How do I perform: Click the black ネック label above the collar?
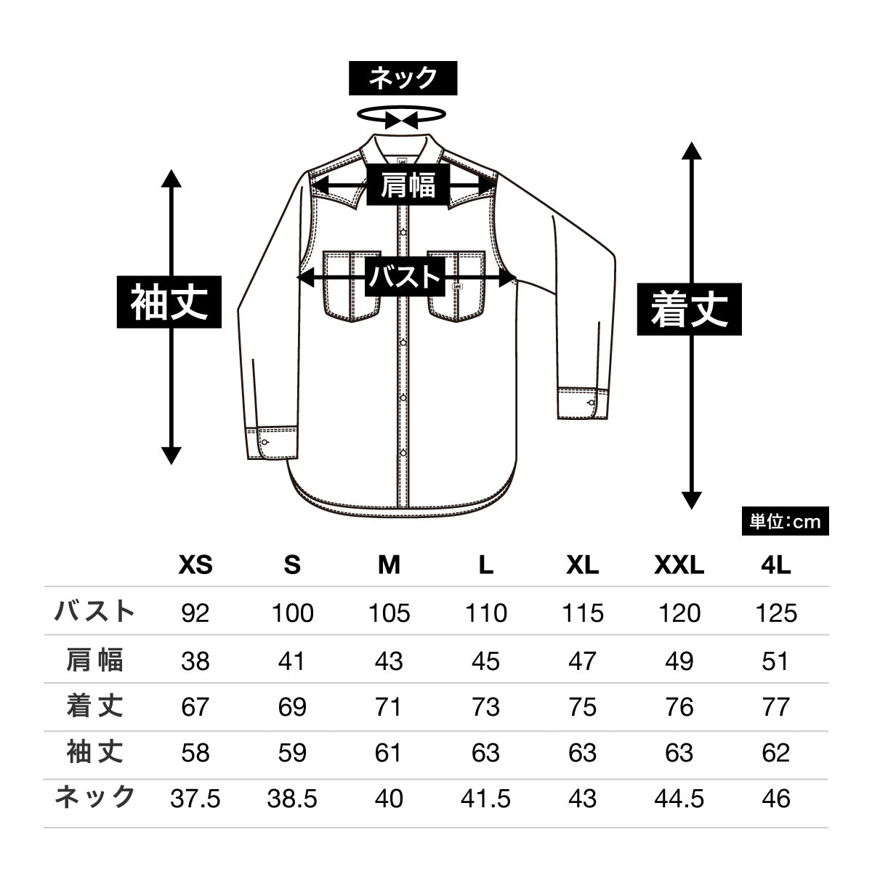click(403, 78)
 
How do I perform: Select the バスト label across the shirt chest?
click(405, 277)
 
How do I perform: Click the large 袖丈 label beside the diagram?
click(170, 302)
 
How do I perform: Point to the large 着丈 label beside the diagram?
click(689, 309)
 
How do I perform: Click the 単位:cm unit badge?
click(785, 522)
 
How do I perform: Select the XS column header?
click(195, 565)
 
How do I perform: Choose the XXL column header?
click(679, 565)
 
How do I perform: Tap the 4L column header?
click(776, 565)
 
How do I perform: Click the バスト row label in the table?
click(95, 611)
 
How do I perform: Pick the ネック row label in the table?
click(95, 797)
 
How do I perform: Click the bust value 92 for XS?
click(195, 613)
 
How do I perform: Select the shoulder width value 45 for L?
click(485, 661)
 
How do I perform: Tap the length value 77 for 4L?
click(776, 706)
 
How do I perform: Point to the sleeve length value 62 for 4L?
click(776, 752)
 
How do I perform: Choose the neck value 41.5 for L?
click(485, 799)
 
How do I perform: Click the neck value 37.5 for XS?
click(195, 799)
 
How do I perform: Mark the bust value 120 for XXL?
click(679, 613)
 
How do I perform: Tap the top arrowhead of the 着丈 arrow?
click(691, 150)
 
